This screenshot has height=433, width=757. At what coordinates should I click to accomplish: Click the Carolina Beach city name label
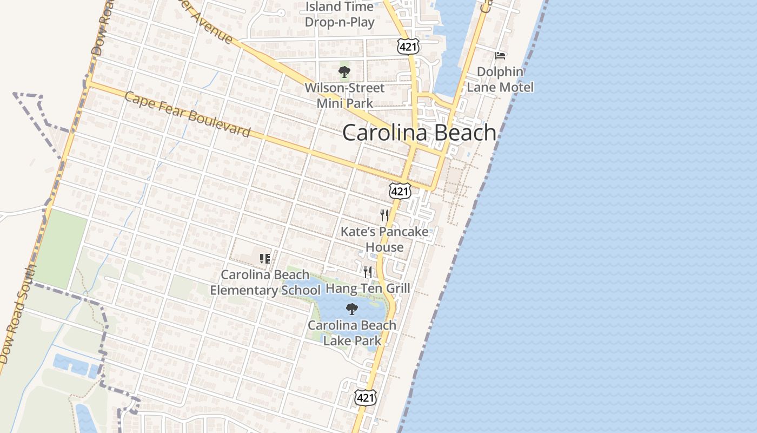click(x=419, y=133)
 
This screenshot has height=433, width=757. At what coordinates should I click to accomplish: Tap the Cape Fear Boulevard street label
click(x=188, y=114)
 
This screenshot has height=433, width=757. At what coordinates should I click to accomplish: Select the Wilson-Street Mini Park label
click(x=344, y=95)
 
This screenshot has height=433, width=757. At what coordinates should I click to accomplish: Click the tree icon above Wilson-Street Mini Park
click(x=344, y=71)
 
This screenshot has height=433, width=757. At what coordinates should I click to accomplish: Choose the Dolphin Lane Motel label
click(x=500, y=80)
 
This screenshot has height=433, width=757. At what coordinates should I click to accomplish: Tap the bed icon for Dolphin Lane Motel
click(x=500, y=55)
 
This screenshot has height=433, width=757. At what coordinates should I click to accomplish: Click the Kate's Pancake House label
click(x=384, y=239)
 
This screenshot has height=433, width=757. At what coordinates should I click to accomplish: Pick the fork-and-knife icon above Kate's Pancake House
click(x=384, y=215)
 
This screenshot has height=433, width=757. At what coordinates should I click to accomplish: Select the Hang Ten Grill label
click(x=368, y=288)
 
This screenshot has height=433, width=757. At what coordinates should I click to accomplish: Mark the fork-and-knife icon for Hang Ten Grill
click(x=368, y=272)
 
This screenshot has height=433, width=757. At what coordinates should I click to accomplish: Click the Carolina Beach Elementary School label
click(x=265, y=283)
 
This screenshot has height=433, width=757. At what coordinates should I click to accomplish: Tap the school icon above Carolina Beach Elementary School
click(x=265, y=258)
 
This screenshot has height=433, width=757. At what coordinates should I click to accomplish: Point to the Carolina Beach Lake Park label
click(x=352, y=333)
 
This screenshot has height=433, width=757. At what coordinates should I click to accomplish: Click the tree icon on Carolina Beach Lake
click(x=352, y=309)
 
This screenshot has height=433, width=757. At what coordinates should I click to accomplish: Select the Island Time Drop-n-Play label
click(x=340, y=15)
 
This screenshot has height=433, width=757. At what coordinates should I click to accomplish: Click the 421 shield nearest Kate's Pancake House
click(x=400, y=191)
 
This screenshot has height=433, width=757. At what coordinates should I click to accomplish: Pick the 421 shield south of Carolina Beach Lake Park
click(x=365, y=398)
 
